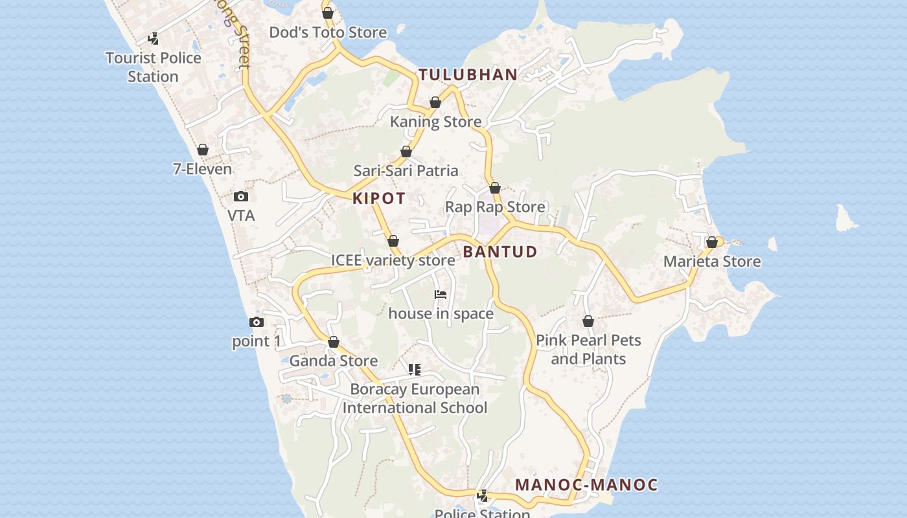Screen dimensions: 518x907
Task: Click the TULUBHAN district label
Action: pos(468,74)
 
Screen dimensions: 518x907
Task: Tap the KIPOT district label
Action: pos(379,199)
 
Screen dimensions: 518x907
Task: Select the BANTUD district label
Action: pos(500,252)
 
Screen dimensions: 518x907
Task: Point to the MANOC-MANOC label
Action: pos(586,485)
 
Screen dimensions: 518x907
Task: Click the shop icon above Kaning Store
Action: pos(435,102)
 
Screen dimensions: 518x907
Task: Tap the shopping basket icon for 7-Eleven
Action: pos(203,150)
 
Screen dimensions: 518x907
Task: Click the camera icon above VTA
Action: pos(241,196)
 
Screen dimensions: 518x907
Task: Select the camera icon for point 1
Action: pos(257,322)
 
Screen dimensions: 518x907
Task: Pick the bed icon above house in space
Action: pos(441,295)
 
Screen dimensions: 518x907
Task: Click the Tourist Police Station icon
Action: pos(154,39)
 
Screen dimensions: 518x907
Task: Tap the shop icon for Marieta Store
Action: pos(712,242)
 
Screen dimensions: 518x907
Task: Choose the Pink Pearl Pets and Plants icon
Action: pos(588,321)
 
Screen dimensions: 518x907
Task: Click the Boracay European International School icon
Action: pos(415,370)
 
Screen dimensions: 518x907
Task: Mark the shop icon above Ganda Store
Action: pos(334,342)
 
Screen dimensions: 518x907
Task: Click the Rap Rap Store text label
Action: pos(495,207)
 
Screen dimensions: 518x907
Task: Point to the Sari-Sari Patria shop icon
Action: pos(406,152)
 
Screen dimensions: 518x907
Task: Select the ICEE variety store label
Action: pos(393,260)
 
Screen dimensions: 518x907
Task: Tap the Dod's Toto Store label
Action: pos(328,32)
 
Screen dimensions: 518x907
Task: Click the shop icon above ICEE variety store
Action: pos(393,242)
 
